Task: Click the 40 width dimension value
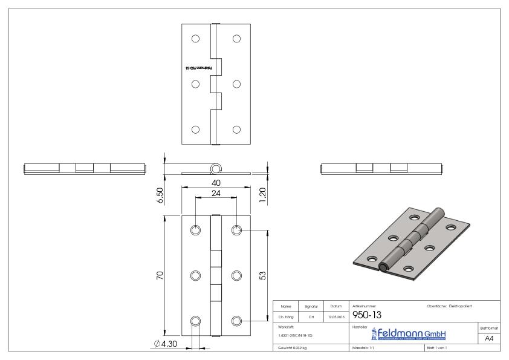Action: [216, 183]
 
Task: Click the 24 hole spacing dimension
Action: [216, 194]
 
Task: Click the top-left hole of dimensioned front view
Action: [195, 231]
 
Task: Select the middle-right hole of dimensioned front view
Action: [236, 276]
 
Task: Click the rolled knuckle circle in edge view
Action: [215, 168]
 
